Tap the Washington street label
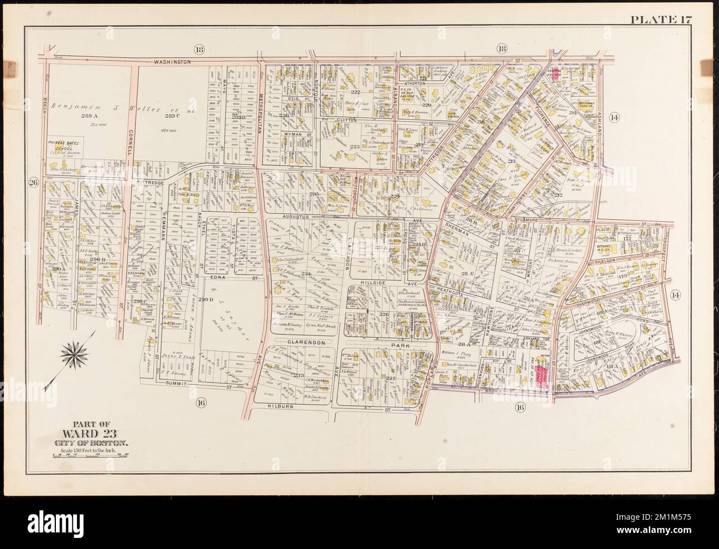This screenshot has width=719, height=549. tap(173, 62)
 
